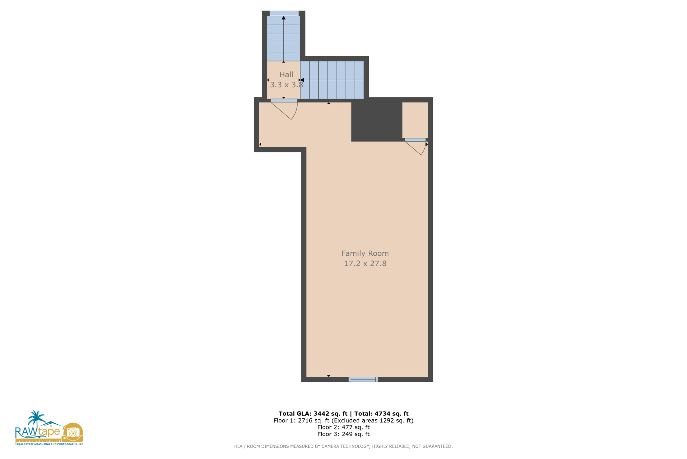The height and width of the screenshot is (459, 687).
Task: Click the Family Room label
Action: click(x=365, y=253)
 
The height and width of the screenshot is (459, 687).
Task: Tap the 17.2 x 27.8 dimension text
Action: click(x=365, y=264)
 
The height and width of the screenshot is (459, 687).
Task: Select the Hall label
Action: click(x=286, y=75)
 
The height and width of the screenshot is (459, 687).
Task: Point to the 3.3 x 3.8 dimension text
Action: click(x=286, y=85)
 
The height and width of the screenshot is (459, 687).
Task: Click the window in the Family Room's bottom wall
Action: click(x=363, y=379)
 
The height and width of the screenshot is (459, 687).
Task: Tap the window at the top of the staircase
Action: click(x=284, y=13)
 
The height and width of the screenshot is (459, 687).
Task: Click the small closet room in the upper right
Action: click(x=415, y=120)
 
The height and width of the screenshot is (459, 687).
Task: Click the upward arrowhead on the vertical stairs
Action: click(x=283, y=18)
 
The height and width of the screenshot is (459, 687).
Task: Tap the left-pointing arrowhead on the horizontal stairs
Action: click(x=302, y=80)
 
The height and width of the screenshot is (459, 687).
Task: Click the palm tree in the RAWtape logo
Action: click(x=36, y=418)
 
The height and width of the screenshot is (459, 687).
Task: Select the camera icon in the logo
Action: click(x=73, y=432)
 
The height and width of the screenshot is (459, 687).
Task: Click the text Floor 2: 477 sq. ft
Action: click(x=343, y=427)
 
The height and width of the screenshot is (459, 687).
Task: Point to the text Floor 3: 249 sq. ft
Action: click(x=343, y=434)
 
